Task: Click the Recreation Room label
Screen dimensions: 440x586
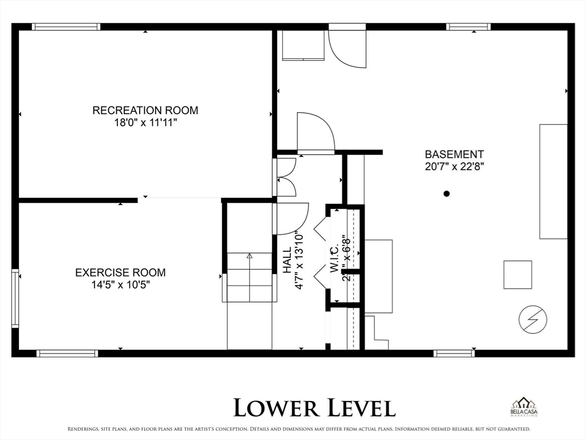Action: click(145, 110)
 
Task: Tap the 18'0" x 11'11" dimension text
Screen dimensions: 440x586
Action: click(145, 123)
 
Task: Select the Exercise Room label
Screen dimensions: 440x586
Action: click(120, 273)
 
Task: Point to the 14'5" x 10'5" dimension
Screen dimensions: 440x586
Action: click(120, 285)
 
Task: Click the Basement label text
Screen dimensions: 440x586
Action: click(454, 154)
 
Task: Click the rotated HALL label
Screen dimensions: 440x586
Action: click(287, 260)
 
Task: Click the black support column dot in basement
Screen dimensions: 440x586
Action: click(447, 194)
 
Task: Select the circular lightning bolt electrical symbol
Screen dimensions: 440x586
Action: click(532, 319)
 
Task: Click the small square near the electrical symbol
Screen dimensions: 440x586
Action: click(517, 274)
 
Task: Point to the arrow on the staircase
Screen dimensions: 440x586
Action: click(250, 256)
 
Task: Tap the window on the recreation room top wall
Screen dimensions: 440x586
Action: click(66, 26)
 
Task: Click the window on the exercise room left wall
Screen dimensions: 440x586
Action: click(15, 298)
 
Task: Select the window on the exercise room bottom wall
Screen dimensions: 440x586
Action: click(67, 353)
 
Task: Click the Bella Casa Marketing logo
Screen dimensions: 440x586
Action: click(524, 407)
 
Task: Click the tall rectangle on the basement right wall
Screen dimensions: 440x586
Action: click(553, 181)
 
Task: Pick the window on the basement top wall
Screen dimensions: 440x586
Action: click(468, 26)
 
